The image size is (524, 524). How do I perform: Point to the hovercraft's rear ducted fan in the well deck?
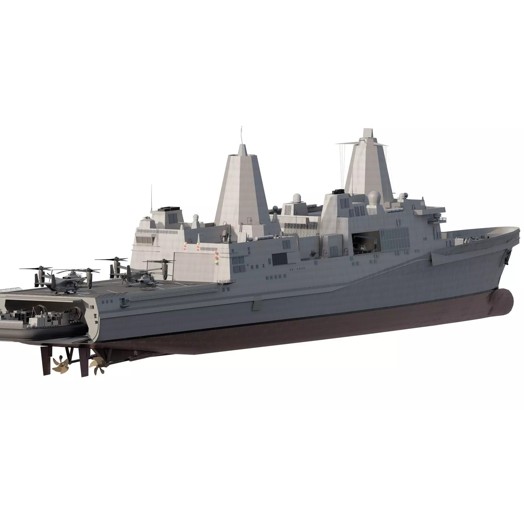coord(75,311)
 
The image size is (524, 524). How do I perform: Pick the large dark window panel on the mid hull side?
coord(279,258)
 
